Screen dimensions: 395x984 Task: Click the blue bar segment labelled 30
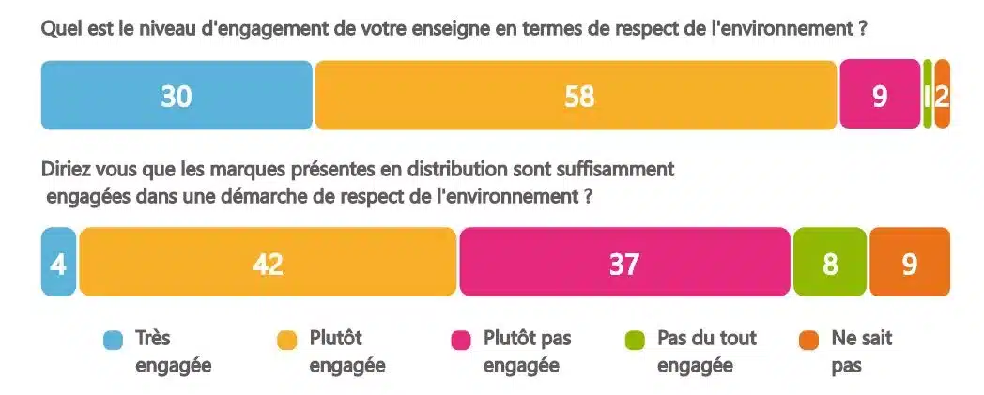pos(177,96)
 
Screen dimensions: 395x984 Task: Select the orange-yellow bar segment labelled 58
pos(576,96)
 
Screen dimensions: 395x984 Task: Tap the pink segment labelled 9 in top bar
pos(880,96)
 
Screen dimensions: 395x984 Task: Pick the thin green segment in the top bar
pos(928,95)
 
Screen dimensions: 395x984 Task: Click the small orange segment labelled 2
pos(943,95)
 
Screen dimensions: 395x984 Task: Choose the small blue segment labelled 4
pos(58,263)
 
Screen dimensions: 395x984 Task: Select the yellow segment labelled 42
pos(268,263)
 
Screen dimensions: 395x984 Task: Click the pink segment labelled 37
pos(624,263)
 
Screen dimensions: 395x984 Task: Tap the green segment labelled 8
pos(830,263)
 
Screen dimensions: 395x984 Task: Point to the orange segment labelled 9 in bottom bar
pos(910,263)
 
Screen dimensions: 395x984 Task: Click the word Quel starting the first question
pos(59,29)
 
